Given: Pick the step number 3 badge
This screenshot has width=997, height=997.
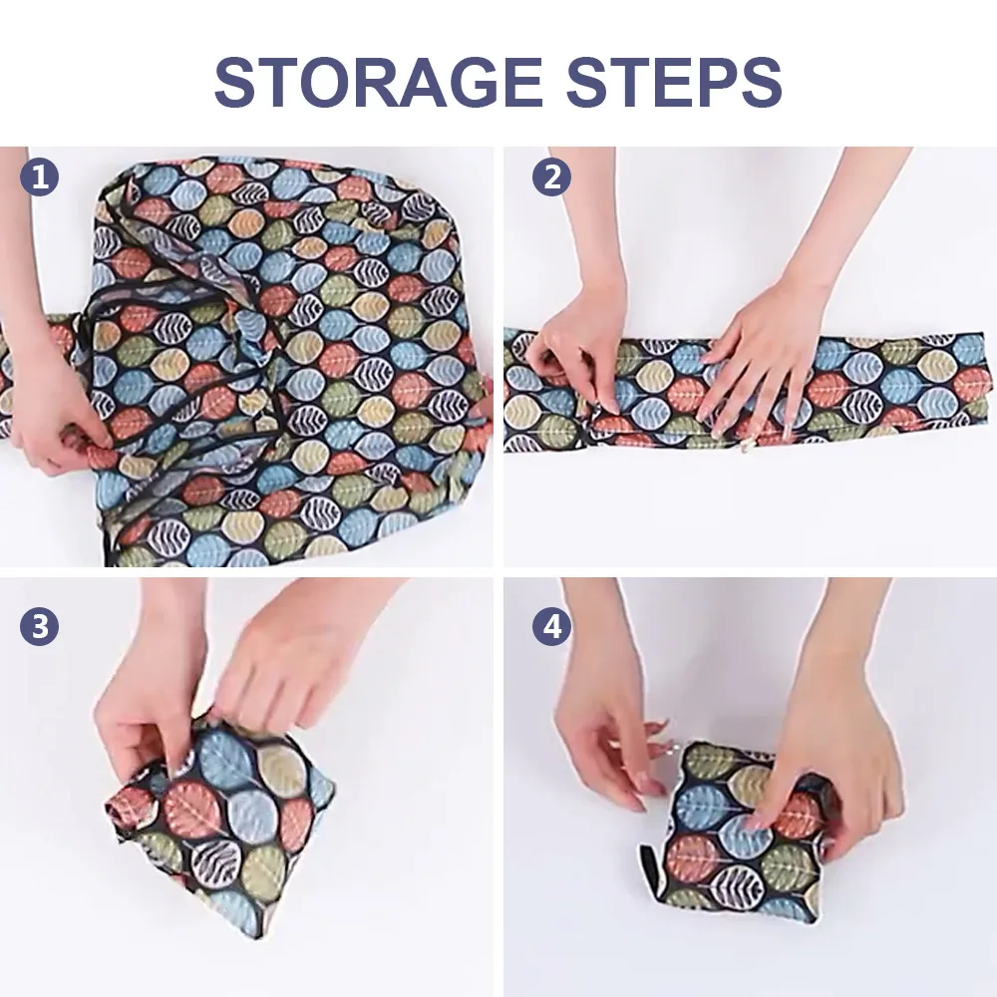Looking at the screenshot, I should (40, 626).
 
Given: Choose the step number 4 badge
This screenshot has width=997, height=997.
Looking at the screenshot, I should (551, 626).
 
